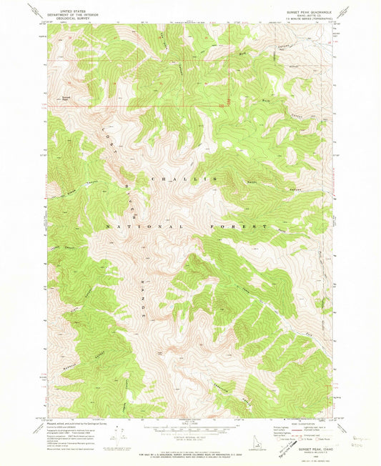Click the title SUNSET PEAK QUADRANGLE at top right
click(308, 11)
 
